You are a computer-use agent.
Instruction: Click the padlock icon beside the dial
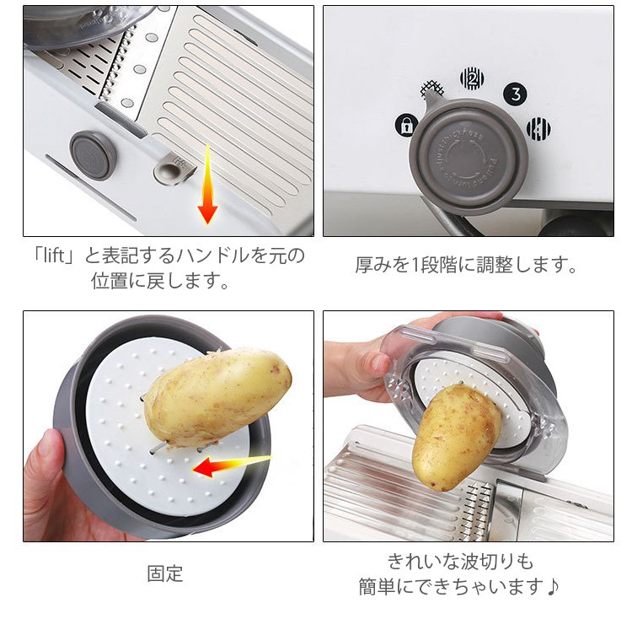tap(406, 125)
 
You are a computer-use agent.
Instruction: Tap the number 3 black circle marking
tap(516, 94)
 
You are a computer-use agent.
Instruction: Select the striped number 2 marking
tap(472, 78)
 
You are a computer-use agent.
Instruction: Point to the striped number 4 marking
tap(539, 129)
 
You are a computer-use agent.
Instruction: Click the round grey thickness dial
tap(469, 156)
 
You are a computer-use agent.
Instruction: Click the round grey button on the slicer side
tap(93, 155)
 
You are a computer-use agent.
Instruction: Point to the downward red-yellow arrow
tap(207, 184)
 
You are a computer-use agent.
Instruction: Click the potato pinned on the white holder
tap(217, 397)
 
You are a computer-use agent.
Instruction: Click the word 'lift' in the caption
tap(54, 256)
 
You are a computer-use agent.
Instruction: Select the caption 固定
tap(165, 573)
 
